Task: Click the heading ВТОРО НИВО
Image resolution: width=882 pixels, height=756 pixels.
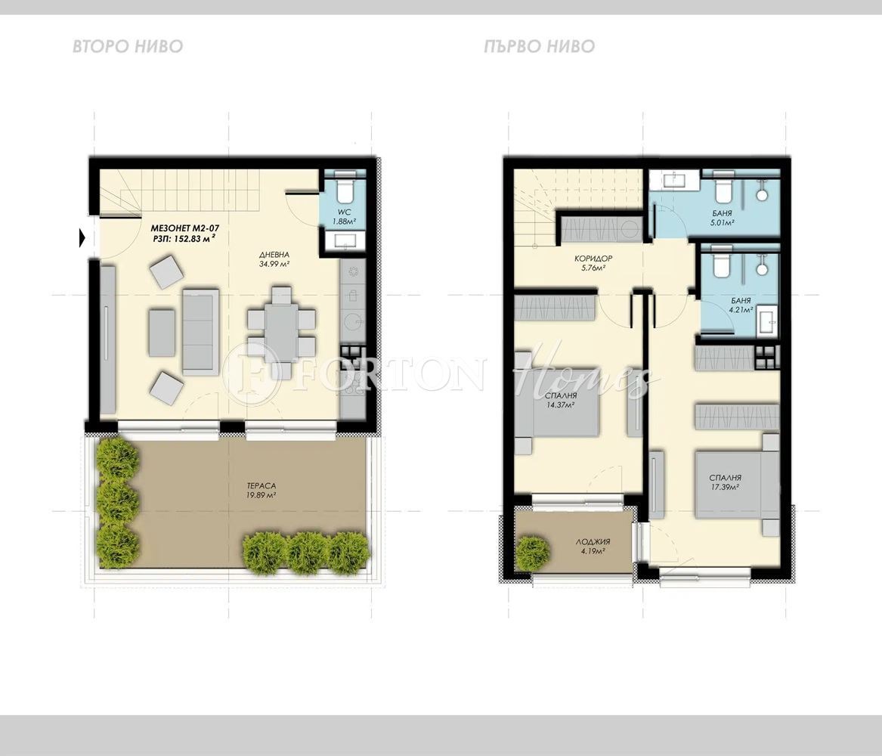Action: [128, 47]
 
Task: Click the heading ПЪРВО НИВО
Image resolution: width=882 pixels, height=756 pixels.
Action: [540, 47]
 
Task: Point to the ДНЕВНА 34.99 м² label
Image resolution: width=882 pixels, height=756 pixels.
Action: [274, 259]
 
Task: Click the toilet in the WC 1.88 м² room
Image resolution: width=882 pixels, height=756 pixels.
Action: [345, 187]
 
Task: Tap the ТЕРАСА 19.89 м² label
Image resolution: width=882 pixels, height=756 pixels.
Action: [258, 491]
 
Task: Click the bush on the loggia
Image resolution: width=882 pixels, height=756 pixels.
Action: [533, 553]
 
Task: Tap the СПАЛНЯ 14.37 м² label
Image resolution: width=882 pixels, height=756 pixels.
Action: [560, 401]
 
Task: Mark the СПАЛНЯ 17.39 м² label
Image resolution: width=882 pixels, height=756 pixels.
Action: [724, 482]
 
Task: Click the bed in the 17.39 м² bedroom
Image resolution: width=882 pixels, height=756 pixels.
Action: [732, 484]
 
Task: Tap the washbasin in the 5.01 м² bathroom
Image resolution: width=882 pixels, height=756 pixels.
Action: [674, 179]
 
